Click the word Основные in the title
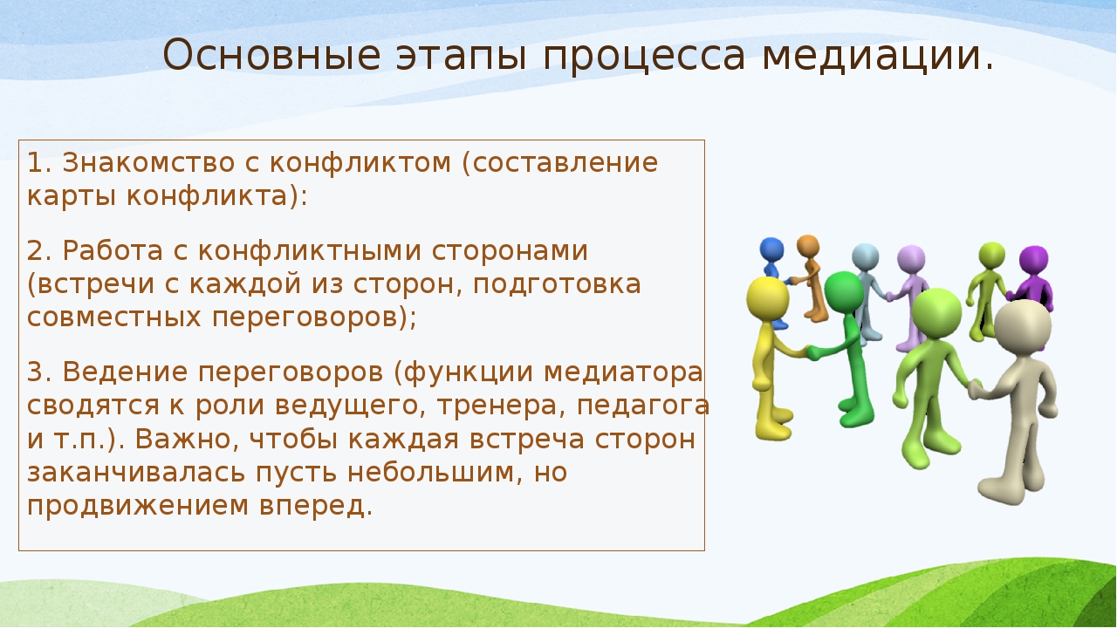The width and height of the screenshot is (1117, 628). point(271,55)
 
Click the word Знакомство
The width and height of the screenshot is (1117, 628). point(148,163)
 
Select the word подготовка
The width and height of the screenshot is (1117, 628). point(557,284)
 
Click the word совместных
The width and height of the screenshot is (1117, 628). point(113,317)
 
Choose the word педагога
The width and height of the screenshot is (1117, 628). point(643,406)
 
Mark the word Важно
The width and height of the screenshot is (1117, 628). point(187,439)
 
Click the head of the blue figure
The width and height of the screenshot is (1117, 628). point(771,249)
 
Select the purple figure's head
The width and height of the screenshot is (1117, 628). point(1034,260)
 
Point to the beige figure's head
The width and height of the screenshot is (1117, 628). point(1023,326)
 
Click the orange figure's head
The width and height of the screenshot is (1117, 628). point(808,246)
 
